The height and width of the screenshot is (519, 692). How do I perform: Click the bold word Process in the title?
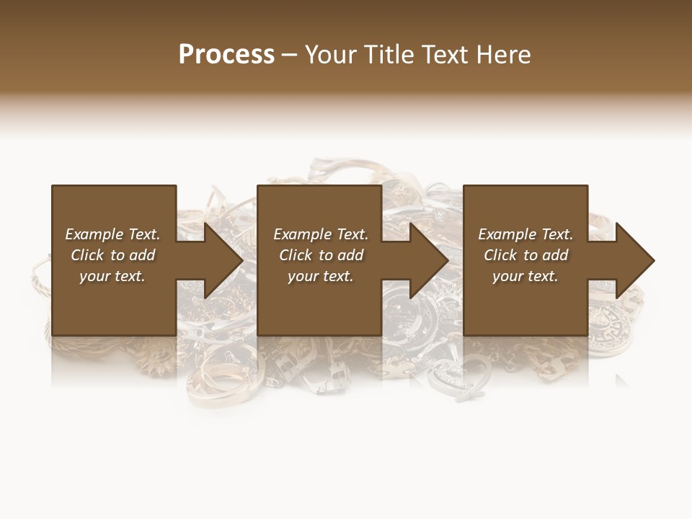226,55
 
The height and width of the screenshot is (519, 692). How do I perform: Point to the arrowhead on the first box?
223,260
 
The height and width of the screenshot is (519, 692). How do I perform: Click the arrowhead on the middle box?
429,260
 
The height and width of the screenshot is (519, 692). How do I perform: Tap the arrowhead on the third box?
634,260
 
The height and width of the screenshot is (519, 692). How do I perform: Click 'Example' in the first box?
94,234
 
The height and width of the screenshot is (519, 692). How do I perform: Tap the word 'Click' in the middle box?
296,255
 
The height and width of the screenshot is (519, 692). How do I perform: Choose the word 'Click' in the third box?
501,255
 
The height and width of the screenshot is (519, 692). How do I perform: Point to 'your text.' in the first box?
112,276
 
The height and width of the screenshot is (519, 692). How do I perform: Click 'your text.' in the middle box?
321,276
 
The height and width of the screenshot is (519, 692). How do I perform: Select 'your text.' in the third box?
525,276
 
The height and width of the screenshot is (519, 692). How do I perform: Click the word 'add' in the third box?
556,255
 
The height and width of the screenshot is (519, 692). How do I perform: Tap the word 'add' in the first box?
143,255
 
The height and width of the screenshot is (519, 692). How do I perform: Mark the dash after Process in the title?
289,55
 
